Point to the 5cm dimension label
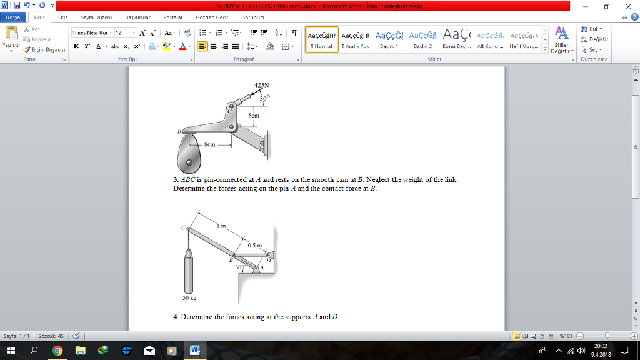point(253,116)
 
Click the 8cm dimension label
point(209,144)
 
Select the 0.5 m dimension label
point(254,246)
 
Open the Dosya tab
point(12,17)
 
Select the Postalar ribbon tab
point(173,17)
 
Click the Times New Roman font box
point(91,32)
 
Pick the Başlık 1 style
point(389,38)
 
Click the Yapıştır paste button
point(11,39)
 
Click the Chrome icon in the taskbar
point(57,351)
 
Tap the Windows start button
point(11,351)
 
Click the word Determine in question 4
point(197,317)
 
